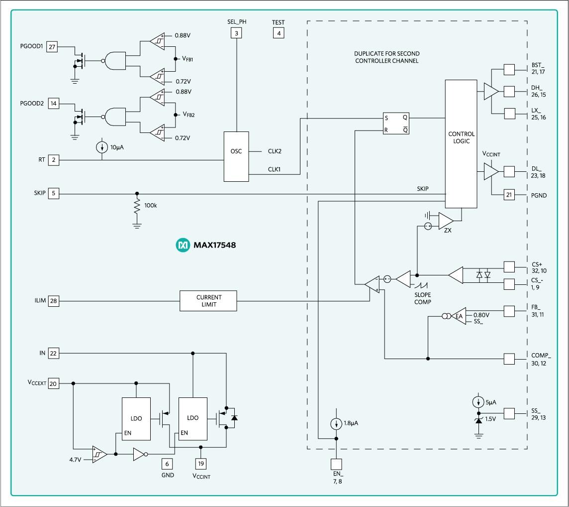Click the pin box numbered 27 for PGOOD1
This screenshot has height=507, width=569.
click(x=52, y=47)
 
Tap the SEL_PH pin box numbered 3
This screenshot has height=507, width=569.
click(x=237, y=34)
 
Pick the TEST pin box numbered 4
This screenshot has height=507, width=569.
click(x=279, y=34)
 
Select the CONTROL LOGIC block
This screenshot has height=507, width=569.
click(x=461, y=144)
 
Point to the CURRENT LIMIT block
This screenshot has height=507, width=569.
click(x=208, y=301)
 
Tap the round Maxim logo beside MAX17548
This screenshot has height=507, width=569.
click(x=183, y=245)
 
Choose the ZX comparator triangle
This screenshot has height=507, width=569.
click(x=445, y=220)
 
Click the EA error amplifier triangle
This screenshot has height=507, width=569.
click(x=458, y=316)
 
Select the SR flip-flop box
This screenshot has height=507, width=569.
click(x=396, y=124)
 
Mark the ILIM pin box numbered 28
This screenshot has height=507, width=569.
click(x=53, y=301)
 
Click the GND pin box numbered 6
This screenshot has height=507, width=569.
click(x=168, y=464)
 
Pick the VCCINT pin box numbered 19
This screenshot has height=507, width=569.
click(x=200, y=464)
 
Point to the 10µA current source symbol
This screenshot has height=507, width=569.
click(x=102, y=148)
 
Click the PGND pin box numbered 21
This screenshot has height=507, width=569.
click(x=509, y=195)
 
